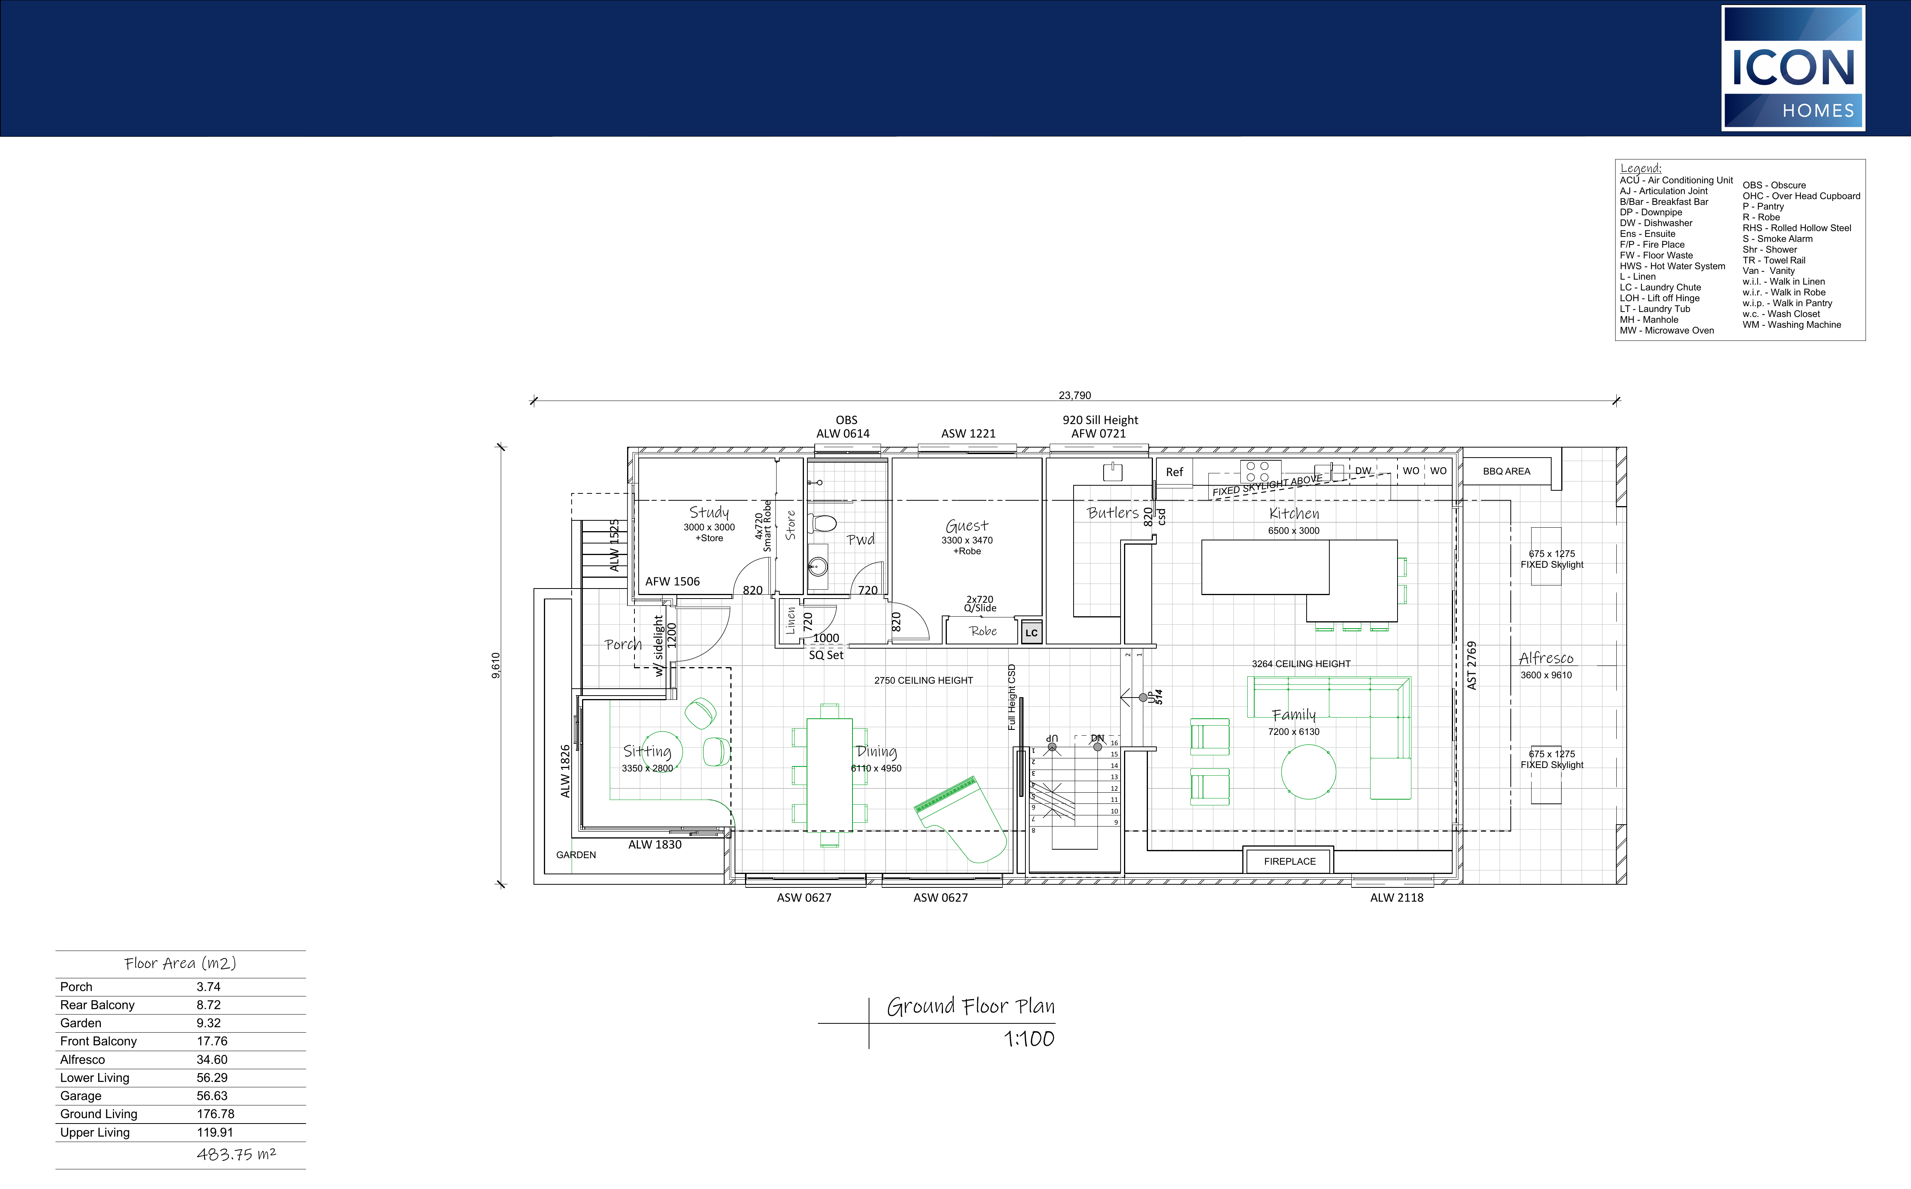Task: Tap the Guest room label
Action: [966, 525]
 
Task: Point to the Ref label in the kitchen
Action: [1174, 472]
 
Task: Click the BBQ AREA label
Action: [1506, 471]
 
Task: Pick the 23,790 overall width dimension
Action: [1074, 396]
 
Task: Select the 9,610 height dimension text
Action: [495, 665]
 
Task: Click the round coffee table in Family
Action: [1309, 771]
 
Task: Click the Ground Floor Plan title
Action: [970, 1006]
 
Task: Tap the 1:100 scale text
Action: [1028, 1039]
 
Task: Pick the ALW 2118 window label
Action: [1397, 897]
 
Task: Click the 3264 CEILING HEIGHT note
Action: [1301, 664]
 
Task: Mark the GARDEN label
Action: [575, 855]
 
